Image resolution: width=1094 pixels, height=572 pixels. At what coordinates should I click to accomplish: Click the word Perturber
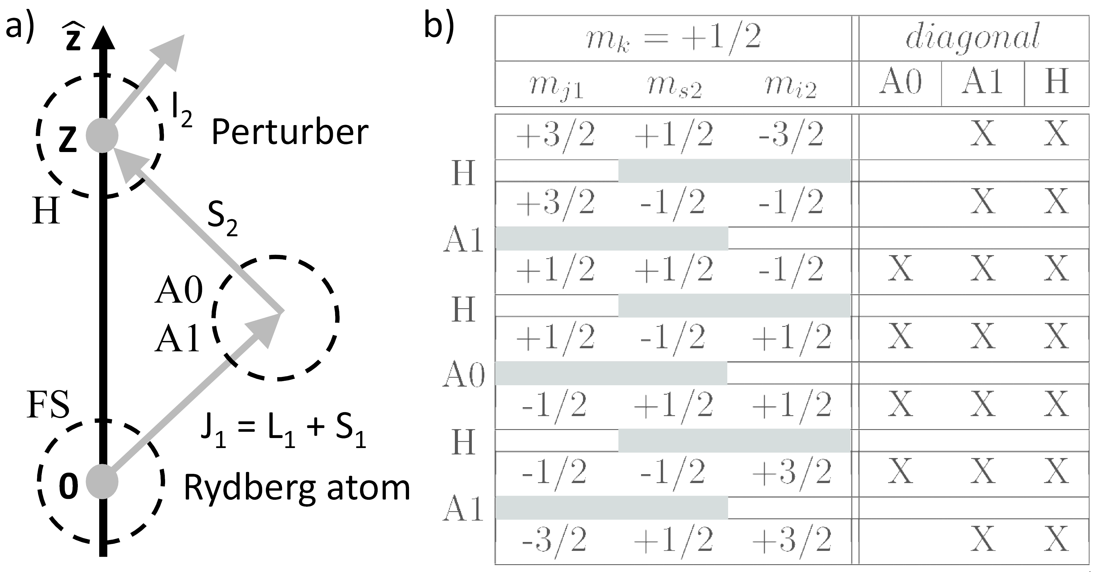290,133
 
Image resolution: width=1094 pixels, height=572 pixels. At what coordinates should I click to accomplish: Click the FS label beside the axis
48,406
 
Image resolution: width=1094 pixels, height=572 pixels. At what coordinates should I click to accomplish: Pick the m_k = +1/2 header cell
673,38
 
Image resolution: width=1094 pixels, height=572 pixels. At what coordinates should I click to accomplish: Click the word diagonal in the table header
973,37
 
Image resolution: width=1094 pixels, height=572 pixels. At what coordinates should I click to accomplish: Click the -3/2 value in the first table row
791,135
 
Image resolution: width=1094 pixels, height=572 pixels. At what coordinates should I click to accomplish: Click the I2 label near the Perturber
181,113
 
